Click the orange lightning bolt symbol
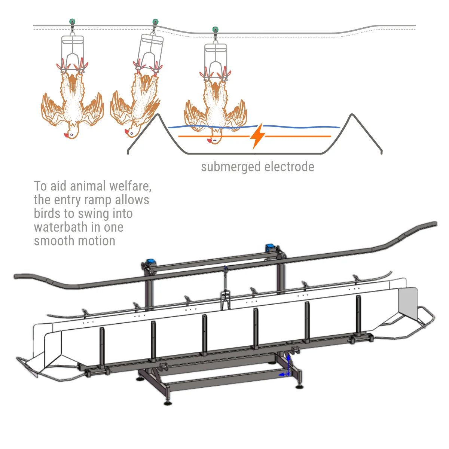pos(257,136)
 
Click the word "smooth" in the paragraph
pos(55,241)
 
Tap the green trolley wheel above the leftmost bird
pos(72,21)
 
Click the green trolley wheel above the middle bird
pos(155,22)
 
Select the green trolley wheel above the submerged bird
pos(215,30)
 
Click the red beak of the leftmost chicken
pos(67,135)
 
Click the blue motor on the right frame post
pos(270,247)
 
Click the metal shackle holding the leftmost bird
pos(73,52)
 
